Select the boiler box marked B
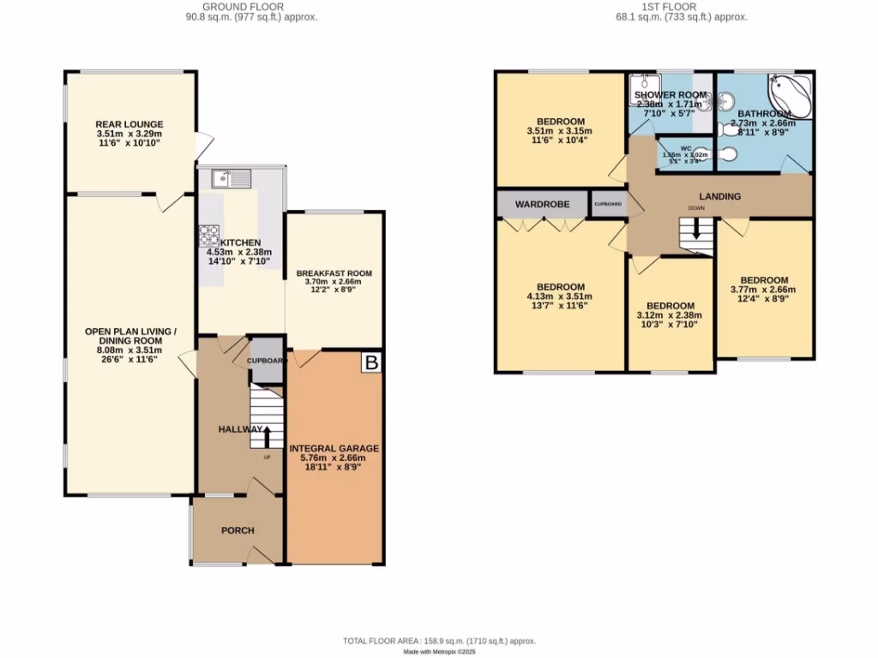click(371, 363)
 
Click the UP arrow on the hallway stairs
click(266, 436)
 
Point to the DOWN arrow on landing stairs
click(696, 230)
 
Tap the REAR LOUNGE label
click(129, 124)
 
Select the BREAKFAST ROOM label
click(334, 273)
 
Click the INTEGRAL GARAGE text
click(334, 448)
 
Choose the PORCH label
click(238, 530)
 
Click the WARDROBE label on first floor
click(538, 204)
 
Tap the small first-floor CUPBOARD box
click(608, 204)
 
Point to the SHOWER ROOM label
click(671, 95)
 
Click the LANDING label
click(719, 196)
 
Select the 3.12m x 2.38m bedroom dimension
click(671, 316)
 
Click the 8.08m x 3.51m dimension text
click(130, 350)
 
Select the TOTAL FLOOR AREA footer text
click(439, 641)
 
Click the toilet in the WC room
click(725, 155)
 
